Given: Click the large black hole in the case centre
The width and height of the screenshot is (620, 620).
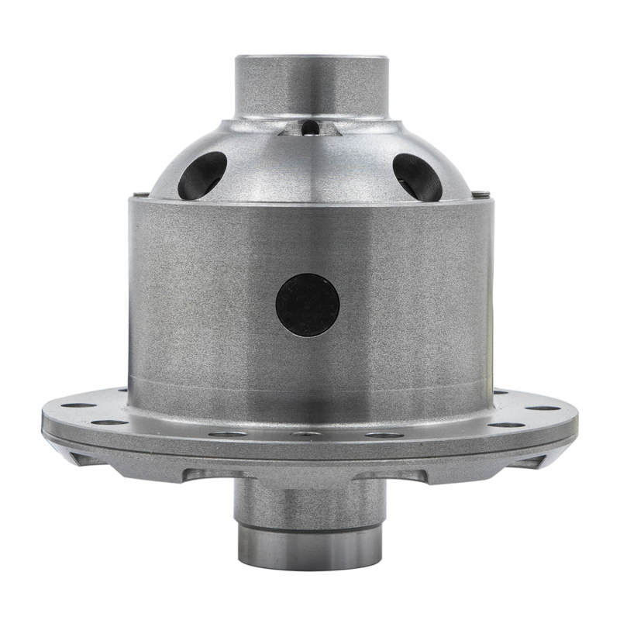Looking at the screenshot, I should click(308, 305).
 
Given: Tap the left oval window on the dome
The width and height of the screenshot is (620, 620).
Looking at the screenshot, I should click(202, 175).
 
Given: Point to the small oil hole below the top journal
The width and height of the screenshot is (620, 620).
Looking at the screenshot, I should click(310, 127).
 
